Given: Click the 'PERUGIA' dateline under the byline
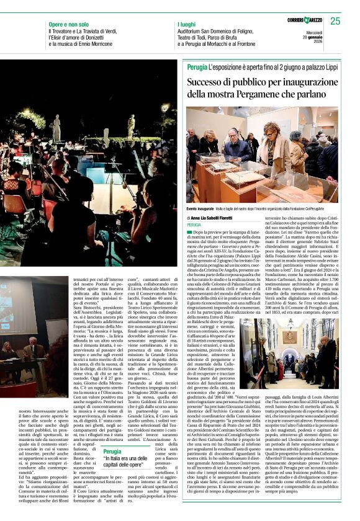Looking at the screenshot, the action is [x=195, y=225].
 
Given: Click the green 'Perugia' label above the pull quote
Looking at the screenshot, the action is [x=112, y=452].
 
